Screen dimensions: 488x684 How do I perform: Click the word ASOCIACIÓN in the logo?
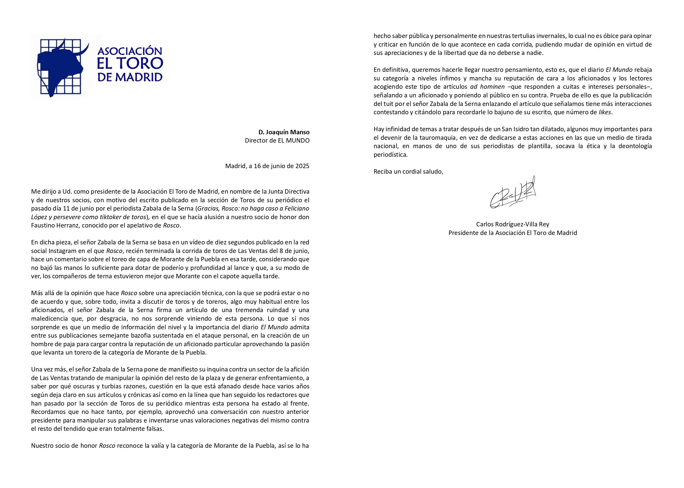[130, 50]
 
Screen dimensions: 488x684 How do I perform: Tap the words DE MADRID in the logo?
[130, 77]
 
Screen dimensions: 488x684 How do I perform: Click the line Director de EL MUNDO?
[277, 141]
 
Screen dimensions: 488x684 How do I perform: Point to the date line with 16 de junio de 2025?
[267, 166]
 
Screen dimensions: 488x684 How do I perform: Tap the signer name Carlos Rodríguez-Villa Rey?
[513, 224]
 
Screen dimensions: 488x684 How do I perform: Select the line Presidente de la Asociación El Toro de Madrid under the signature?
[513, 233]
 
